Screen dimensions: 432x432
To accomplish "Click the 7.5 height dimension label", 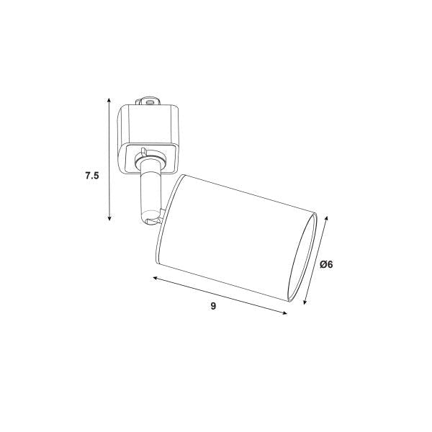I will [91, 175].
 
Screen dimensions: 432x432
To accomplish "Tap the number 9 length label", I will [214, 307].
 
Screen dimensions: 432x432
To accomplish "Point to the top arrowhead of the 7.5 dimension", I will [109, 99].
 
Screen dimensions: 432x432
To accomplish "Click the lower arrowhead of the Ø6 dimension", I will [305, 303].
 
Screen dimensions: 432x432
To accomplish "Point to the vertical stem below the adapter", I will [149, 191].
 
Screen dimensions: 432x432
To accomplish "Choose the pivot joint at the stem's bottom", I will [150, 214].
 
